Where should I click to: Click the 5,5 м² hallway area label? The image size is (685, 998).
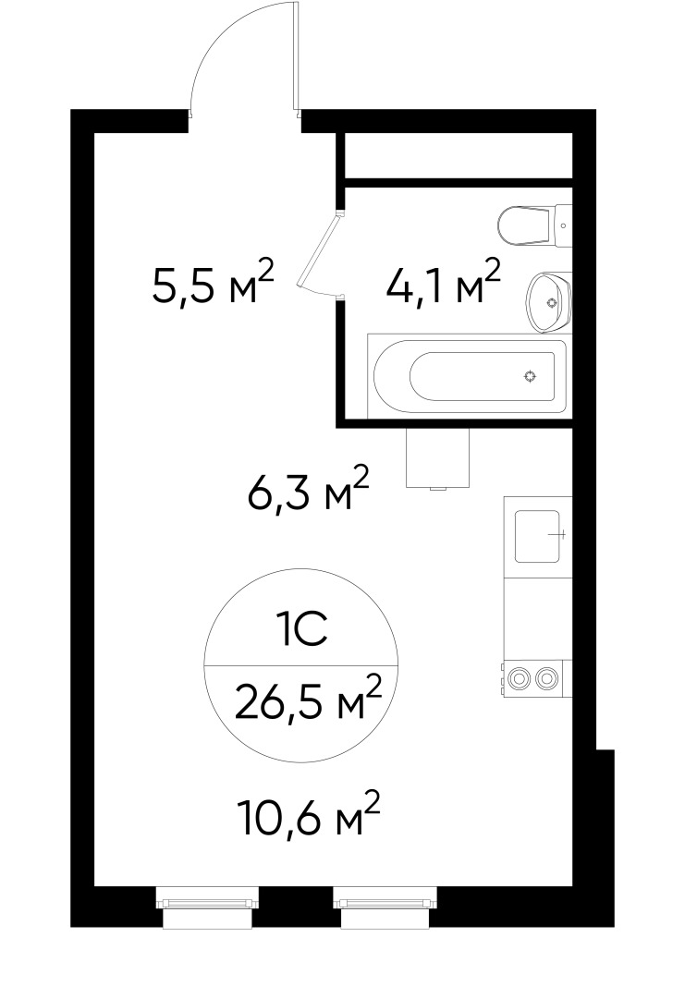pos(214,284)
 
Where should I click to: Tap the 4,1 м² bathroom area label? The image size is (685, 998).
pos(444,284)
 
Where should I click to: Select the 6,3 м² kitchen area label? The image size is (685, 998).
pos(308,491)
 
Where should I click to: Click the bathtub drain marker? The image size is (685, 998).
pos(530,375)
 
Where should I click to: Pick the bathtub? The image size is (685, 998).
pos(468,375)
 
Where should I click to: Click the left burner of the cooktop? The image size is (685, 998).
pos(520,677)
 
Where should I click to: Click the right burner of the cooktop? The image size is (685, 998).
pos(548,677)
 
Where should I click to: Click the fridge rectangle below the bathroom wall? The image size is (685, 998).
pos(440,458)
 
